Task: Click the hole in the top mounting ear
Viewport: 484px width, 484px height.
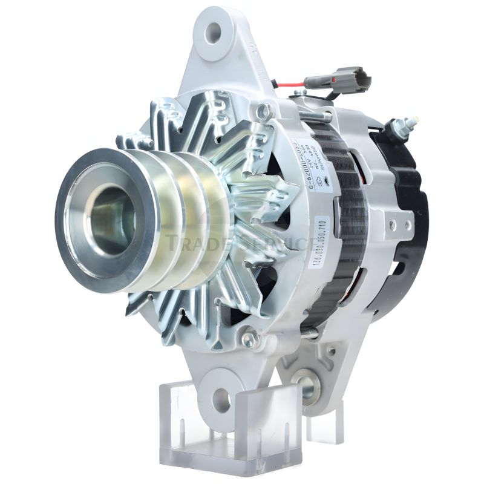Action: pos(214,33)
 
